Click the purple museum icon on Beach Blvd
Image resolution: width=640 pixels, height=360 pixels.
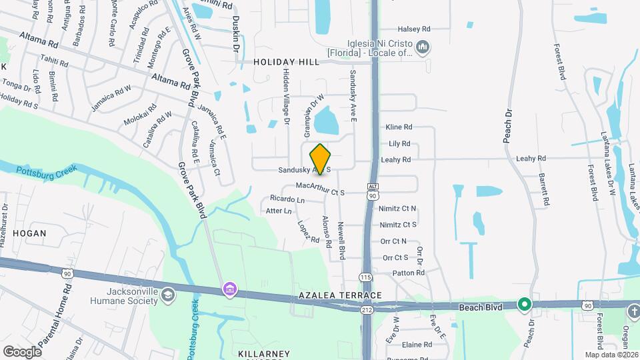coord(229,289)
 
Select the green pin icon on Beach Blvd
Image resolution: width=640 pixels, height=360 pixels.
coord(524,305)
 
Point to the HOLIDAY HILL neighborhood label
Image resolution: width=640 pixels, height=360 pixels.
coord(286,62)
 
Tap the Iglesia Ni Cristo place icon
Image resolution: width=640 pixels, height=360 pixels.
coord(422,47)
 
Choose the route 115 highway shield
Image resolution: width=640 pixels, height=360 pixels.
coord(365,277)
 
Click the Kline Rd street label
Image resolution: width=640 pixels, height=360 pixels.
coord(399,127)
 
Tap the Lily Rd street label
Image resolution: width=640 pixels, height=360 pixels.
coord(399,144)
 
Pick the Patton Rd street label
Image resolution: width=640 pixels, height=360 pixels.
coord(409,273)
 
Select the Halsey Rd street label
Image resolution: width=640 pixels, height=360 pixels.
coord(414,29)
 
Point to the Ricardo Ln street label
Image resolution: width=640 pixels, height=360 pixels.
coord(287,199)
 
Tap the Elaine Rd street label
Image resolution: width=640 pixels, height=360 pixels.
coord(417,345)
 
